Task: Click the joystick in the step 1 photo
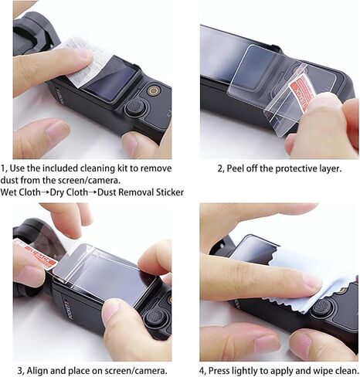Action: tap(134, 107)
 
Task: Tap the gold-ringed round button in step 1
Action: tap(154, 90)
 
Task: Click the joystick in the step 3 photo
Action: tap(154, 318)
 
